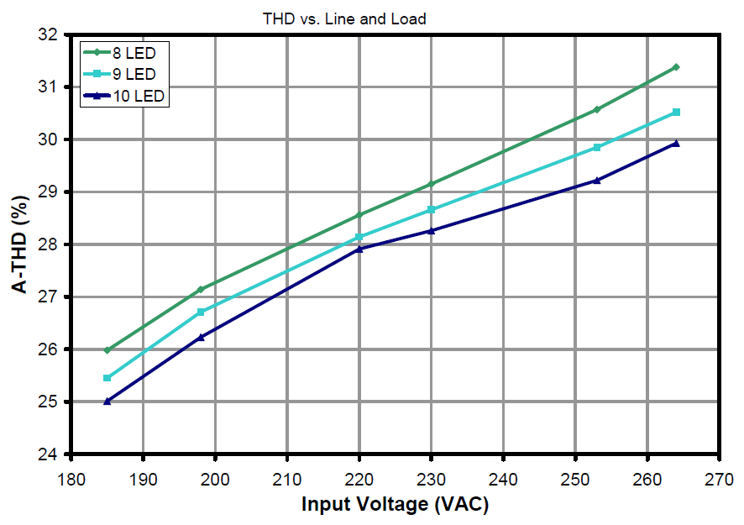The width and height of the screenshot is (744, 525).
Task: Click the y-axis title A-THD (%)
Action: [18, 245]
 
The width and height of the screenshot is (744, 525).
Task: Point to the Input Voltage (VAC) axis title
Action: [395, 506]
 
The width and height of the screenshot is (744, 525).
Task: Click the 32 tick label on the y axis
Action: [52, 35]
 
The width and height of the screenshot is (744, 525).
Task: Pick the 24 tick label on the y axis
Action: [52, 454]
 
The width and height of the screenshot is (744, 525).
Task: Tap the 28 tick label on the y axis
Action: [52, 244]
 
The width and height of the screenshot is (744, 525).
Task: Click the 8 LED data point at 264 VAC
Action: [676, 66]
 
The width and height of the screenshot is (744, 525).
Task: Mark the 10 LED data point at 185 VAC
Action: [107, 402]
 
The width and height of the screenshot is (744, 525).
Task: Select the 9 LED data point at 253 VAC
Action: [597, 147]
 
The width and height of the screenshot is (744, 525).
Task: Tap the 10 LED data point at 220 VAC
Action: [359, 249]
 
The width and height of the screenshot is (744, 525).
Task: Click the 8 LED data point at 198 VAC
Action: [201, 290]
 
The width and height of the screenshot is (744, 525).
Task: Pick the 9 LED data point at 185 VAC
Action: [107, 378]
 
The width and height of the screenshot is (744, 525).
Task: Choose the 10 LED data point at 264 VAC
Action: [676, 144]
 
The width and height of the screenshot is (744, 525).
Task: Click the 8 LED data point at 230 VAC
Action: [431, 184]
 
